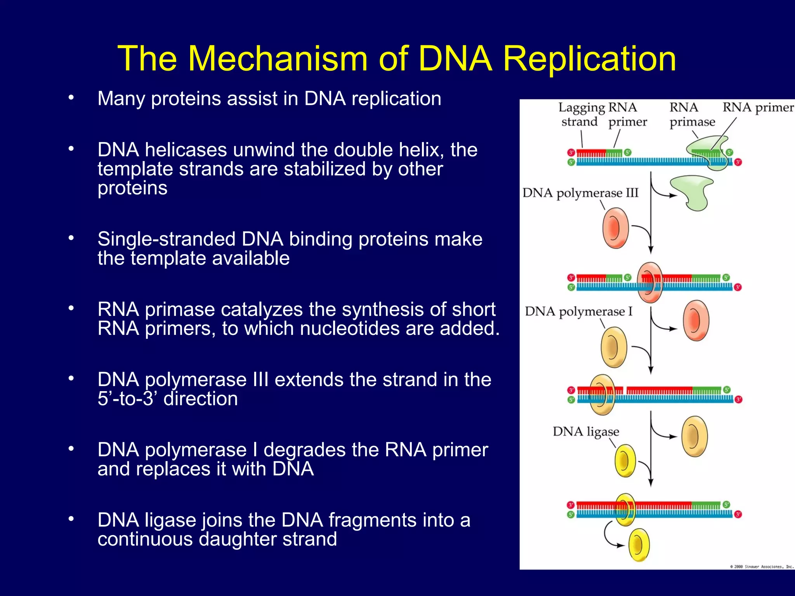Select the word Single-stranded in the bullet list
[167, 239]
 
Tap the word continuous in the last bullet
[145, 539]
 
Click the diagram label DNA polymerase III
[580, 193]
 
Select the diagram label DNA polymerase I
[578, 311]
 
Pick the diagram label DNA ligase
[586, 431]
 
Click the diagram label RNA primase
[692, 114]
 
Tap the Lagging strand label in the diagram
[580, 114]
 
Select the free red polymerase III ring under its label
[615, 228]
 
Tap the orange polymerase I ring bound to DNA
[602, 395]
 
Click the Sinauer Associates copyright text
[761, 567]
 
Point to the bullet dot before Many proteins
[71, 98]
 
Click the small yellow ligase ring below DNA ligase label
[625, 461]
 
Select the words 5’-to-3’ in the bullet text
[130, 399]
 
